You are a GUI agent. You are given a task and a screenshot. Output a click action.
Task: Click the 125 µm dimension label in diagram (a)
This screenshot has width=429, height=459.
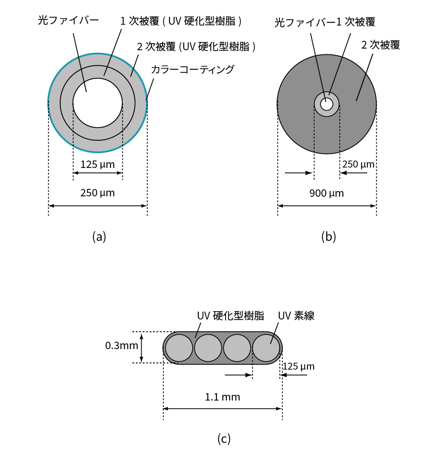tap(98, 165)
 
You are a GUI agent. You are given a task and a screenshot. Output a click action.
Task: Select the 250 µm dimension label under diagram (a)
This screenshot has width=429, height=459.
tap(98, 193)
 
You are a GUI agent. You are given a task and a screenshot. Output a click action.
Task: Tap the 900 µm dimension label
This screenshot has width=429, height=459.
tap(326, 193)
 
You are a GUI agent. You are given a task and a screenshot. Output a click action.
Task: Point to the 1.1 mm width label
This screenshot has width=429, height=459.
tap(222, 397)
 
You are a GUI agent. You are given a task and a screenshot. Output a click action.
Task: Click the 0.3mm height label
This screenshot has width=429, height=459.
tap(121, 345)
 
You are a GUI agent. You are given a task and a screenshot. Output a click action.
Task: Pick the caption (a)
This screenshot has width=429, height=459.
tap(99, 236)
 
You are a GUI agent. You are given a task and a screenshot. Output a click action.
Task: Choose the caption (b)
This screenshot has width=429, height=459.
tap(329, 237)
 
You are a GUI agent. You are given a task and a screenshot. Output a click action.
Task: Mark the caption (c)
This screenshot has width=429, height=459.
tap(224, 439)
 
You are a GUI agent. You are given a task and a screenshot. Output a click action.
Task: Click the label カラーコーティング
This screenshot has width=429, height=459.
tap(193, 69)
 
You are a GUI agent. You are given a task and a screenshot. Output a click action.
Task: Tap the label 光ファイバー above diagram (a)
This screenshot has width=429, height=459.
tap(68, 20)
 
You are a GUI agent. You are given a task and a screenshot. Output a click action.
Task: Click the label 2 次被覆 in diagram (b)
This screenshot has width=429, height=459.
tap(380, 45)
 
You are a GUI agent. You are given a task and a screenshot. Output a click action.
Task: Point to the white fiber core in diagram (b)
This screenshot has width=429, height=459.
tap(326, 104)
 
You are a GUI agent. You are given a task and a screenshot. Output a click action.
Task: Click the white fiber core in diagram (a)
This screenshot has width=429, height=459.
tap(98, 103)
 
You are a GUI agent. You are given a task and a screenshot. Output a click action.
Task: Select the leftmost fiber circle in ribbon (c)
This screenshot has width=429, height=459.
tap(179, 348)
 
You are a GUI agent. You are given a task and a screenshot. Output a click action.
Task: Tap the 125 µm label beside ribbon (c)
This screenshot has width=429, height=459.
tap(299, 366)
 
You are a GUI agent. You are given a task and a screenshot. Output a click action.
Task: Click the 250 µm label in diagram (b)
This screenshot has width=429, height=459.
tap(359, 164)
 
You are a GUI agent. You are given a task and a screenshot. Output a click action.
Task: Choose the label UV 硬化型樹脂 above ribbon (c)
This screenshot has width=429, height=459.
tap(231, 316)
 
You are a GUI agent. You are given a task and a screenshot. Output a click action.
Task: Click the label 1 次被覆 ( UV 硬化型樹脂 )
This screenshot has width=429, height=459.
tap(181, 21)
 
